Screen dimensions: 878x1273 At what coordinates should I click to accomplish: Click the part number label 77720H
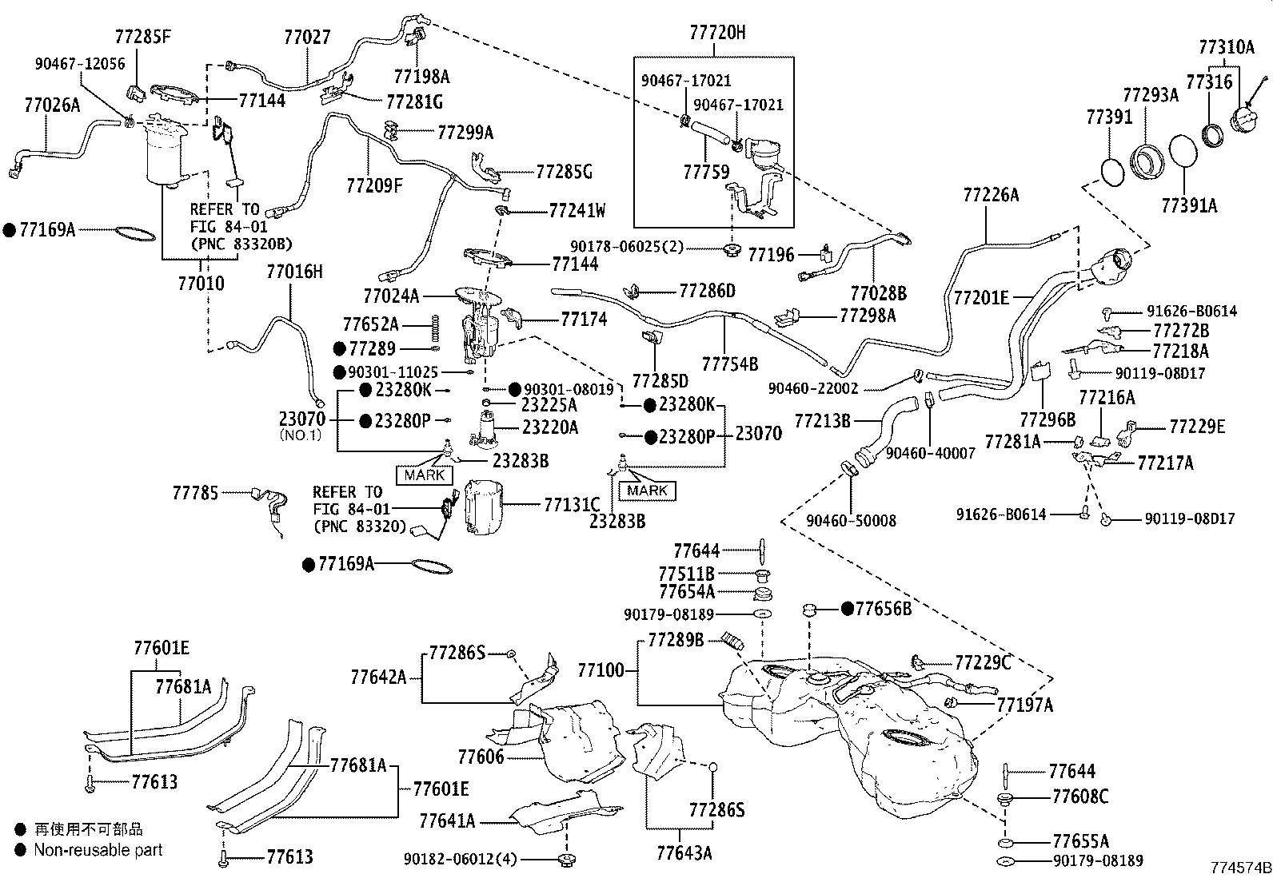(717, 33)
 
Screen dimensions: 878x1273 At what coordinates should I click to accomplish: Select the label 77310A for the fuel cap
(1226, 47)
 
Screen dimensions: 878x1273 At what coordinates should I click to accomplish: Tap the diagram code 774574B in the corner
(1239, 867)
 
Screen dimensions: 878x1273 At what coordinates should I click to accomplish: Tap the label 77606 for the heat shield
(481, 755)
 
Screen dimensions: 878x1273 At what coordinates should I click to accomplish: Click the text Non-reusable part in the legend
(98, 850)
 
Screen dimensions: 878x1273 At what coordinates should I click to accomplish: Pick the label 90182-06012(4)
(460, 859)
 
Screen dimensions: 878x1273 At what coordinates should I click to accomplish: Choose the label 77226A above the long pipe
(992, 194)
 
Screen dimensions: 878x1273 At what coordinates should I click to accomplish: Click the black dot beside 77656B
(847, 609)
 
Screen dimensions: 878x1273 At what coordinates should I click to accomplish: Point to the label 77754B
(729, 364)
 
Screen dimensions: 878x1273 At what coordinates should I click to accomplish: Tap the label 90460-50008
(851, 520)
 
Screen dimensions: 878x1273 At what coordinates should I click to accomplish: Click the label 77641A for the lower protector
(447, 820)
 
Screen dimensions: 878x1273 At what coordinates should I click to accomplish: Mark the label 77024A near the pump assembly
(391, 296)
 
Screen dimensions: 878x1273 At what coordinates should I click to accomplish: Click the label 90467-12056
(79, 63)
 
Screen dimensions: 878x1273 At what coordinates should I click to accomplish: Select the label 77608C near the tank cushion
(1080, 797)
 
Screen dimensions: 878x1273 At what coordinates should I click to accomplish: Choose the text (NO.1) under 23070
(300, 435)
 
